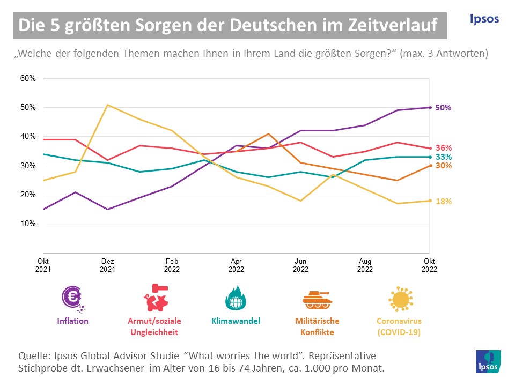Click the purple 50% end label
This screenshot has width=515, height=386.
[x=443, y=107]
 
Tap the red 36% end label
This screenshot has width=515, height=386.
[x=443, y=147]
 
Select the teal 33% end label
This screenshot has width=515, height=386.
[x=443, y=157]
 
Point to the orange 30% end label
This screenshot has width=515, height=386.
[x=443, y=166]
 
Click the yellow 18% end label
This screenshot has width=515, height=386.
[x=443, y=202]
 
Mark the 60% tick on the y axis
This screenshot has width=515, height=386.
[x=28, y=78]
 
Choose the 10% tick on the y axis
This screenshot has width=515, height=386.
[x=28, y=224]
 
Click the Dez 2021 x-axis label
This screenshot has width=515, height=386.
[x=107, y=265]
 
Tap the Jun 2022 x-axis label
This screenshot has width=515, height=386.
[x=300, y=265]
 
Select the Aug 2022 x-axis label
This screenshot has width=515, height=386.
[x=365, y=265]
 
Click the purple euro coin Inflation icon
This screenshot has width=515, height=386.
[x=72, y=298]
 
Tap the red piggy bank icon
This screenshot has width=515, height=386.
[x=154, y=298]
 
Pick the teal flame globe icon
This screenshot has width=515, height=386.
[x=235, y=298]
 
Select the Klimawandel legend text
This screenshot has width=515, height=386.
[x=235, y=321]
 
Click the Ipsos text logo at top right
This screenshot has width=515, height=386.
[x=483, y=19]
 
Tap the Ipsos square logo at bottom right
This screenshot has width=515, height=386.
[x=488, y=362]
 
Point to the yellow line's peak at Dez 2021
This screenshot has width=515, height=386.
[x=108, y=105]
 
